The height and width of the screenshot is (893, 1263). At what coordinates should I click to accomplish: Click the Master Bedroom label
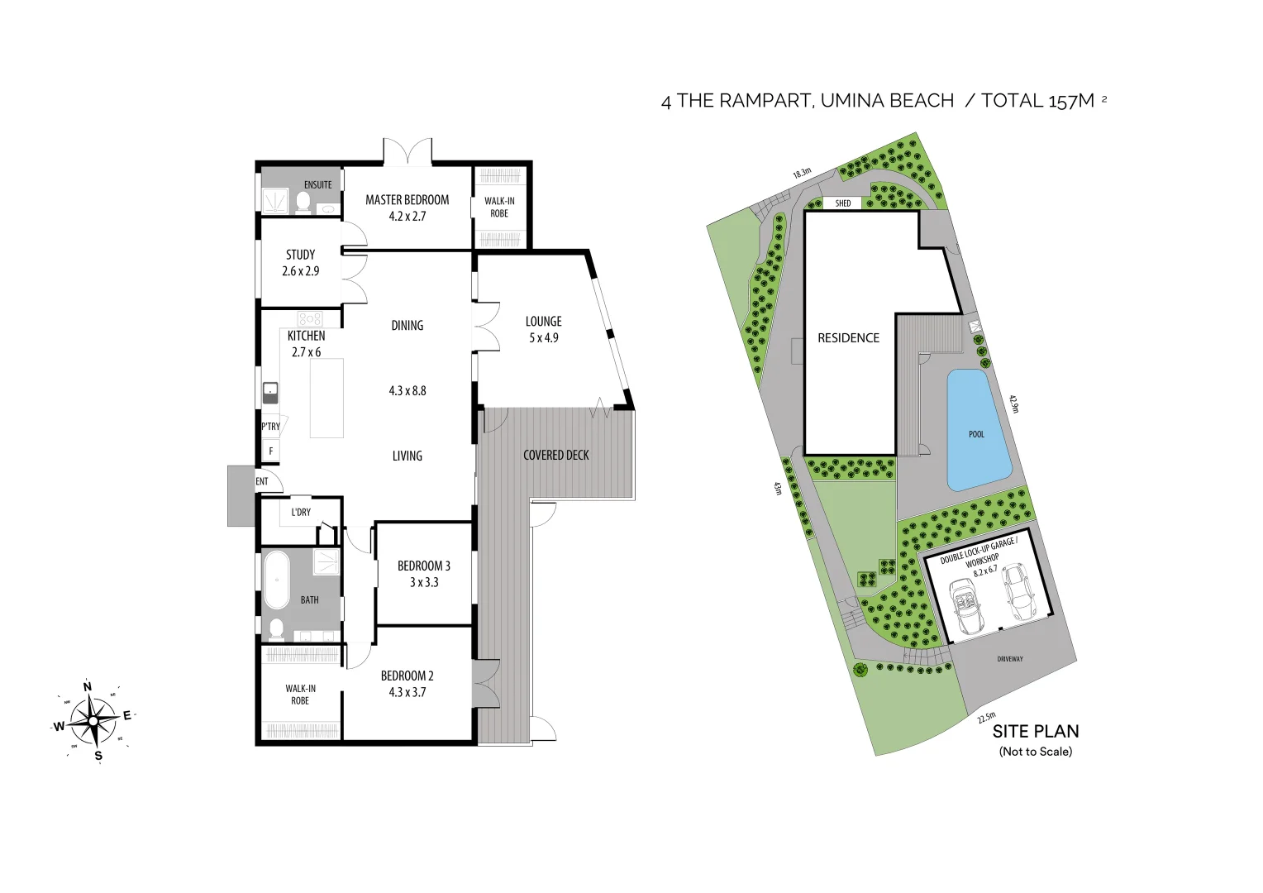pos(407,200)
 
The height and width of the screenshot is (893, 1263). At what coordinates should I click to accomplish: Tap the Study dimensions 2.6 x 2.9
pos(300,271)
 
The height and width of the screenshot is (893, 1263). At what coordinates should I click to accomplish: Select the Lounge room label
pos(543,322)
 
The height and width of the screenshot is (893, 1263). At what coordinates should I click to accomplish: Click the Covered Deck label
pos(555,456)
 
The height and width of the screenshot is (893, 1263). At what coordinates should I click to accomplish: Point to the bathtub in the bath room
pos(276,580)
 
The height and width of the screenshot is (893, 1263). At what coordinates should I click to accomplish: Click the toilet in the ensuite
pos(303,203)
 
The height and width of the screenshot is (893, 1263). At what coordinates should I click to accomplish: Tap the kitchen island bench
pos(326,399)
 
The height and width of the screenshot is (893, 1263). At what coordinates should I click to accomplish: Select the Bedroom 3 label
pos(423,566)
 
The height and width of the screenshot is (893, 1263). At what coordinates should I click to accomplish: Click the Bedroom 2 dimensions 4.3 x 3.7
pos(407,693)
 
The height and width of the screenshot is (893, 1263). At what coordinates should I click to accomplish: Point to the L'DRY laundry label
pos(301,513)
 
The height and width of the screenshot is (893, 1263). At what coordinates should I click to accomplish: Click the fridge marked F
pos(270,451)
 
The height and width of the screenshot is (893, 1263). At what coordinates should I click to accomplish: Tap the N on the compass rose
pos(88,686)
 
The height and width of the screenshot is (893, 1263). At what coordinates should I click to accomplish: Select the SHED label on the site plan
pos(842,203)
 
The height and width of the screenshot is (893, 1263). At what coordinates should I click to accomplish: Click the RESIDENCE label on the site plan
pos(848,338)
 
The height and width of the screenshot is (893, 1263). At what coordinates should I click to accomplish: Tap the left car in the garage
pos(965,605)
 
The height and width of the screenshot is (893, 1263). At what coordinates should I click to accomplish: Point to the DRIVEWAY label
pos(1009,659)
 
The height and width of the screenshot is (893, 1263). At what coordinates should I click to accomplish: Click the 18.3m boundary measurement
pos(802,173)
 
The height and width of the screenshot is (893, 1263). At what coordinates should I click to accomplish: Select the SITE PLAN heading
pos(1035,732)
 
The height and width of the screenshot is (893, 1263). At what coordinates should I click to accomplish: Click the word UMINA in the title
pos(851,101)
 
